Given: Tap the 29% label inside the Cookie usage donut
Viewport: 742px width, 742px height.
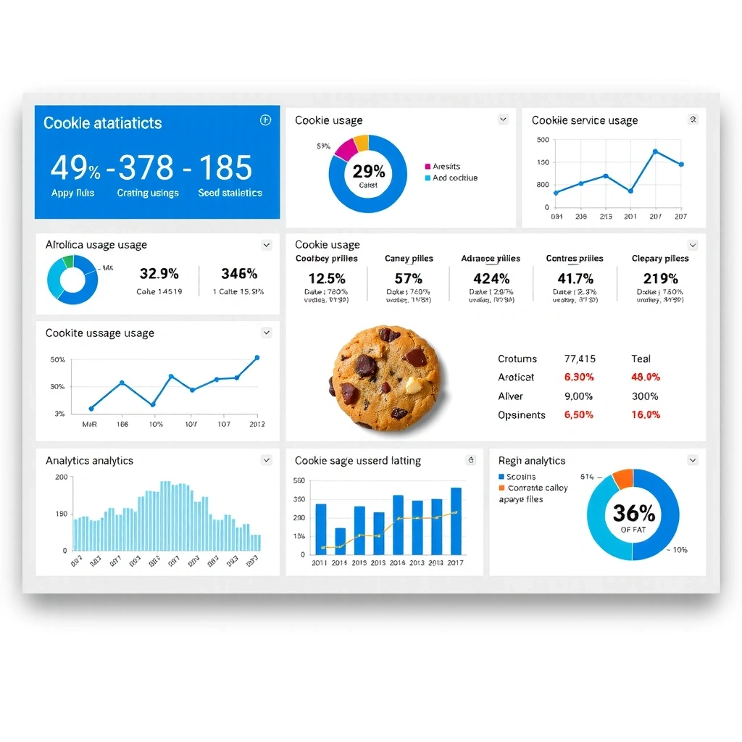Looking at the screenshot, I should click(369, 172).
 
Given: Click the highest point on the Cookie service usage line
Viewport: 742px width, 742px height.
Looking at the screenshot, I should click(655, 151).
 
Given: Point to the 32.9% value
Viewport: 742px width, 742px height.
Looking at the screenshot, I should click(159, 274).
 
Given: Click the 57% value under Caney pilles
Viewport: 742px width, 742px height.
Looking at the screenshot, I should click(409, 278).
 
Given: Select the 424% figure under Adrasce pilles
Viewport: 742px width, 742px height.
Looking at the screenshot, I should click(491, 278).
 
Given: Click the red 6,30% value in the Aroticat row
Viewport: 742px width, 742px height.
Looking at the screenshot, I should click(578, 378).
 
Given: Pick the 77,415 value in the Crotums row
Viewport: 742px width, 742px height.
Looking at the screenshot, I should click(580, 359).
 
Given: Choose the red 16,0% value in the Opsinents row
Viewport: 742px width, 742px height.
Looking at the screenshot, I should click(646, 415).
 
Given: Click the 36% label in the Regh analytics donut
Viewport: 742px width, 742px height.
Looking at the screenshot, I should click(633, 513).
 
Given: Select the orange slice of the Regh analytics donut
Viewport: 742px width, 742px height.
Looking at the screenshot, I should click(622, 478).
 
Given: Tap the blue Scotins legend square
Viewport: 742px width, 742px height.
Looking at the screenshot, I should click(501, 477).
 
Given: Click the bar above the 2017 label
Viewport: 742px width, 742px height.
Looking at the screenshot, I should click(456, 521).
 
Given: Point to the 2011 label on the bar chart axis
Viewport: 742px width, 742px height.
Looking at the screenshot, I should click(320, 563).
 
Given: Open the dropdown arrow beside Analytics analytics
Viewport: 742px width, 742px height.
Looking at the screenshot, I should click(267, 460).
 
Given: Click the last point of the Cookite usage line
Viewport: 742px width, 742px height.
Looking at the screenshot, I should click(257, 358).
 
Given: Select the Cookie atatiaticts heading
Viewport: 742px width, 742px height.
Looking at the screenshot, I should click(103, 123).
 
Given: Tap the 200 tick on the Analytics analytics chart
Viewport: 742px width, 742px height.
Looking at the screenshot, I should click(61, 478).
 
